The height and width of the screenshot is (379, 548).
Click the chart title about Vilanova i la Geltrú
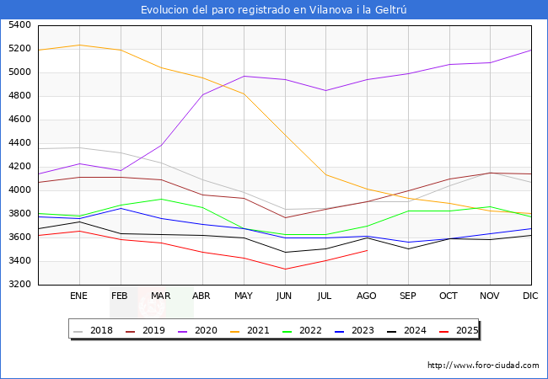click(x=274, y=9)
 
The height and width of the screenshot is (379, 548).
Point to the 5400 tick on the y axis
click(x=19, y=25)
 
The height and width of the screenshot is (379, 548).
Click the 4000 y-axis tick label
click(x=19, y=190)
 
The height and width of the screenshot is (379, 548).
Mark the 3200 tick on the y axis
click(x=19, y=285)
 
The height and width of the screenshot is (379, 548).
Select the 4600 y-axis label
click(x=19, y=120)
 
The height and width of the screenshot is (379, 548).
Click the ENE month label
click(x=79, y=296)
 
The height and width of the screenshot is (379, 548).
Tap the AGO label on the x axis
click(x=367, y=296)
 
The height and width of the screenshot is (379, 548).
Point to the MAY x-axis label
click(x=244, y=296)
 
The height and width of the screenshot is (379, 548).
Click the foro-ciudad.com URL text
click(x=483, y=366)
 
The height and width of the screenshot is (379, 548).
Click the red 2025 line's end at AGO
click(x=367, y=250)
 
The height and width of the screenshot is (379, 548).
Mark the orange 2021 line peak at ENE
click(x=79, y=45)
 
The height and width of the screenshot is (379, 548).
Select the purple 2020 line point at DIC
click(x=531, y=50)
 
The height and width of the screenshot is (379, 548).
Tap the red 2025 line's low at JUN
click(x=285, y=270)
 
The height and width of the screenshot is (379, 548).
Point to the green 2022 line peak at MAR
click(x=162, y=199)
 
